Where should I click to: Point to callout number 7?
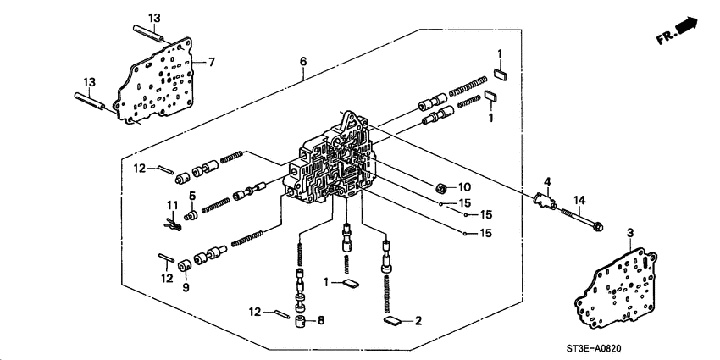point(213,63)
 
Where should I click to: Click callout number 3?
point(630,231)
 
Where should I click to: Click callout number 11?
point(170,206)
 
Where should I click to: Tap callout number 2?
point(418,322)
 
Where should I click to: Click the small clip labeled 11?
point(172,224)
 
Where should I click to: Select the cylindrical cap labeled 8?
point(300,321)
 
